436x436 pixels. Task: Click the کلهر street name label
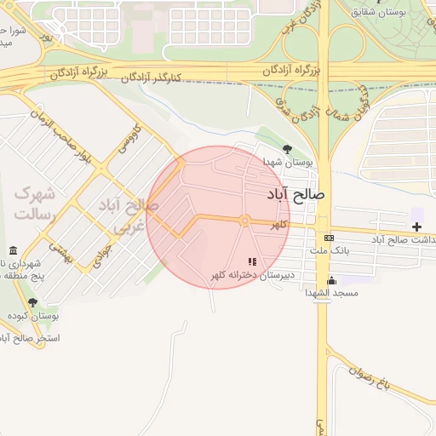tap(279, 225)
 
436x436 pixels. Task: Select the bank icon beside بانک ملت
tap(329, 238)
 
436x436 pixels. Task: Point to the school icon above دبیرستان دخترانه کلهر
tap(251, 261)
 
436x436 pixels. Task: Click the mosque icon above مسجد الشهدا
tap(331, 279)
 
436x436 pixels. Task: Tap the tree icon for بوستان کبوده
tap(32, 302)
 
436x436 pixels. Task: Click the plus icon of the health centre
tap(416, 227)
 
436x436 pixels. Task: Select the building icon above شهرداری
tap(13, 251)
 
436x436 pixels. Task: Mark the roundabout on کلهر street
tap(244, 221)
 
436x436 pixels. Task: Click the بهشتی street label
tap(62, 250)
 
